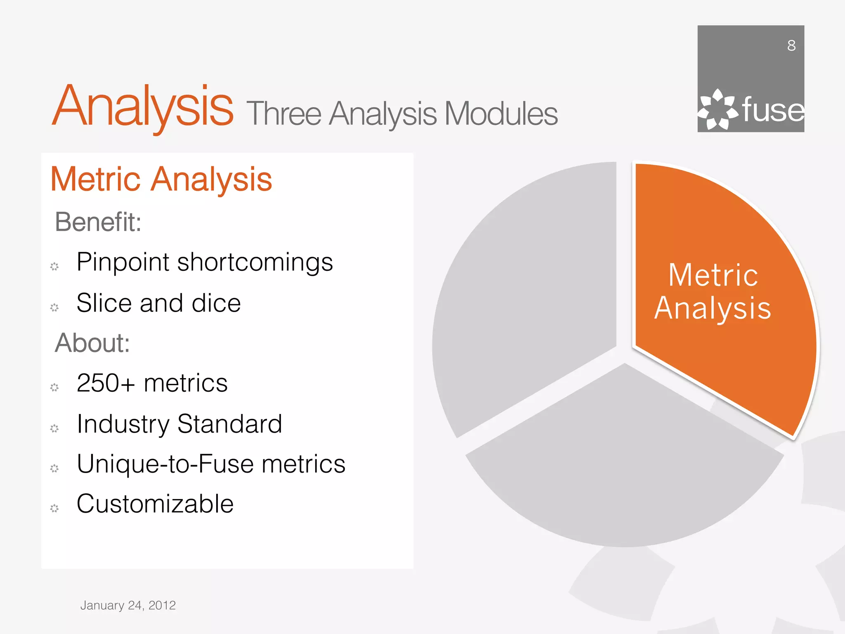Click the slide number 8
pyautogui.click(x=791, y=45)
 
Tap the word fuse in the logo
pyautogui.click(x=773, y=110)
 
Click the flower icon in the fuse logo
pyautogui.click(x=718, y=109)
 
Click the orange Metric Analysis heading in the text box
pyautogui.click(x=161, y=179)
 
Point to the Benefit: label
pyautogui.click(x=98, y=222)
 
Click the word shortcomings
pyautogui.click(x=255, y=262)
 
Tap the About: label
pyautogui.click(x=92, y=343)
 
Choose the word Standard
pyautogui.click(x=229, y=424)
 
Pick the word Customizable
pyautogui.click(x=155, y=504)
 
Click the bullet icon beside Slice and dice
pyautogui.click(x=54, y=307)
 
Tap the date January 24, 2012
pyautogui.click(x=128, y=605)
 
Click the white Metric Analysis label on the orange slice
pyautogui.click(x=713, y=291)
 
